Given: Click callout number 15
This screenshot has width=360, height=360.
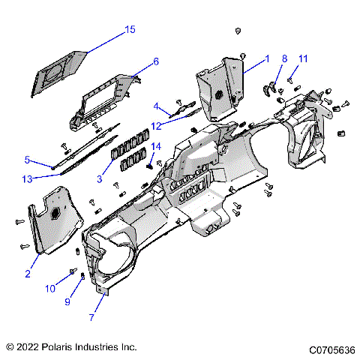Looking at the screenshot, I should (130, 29).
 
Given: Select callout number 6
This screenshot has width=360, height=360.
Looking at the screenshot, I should (156, 61).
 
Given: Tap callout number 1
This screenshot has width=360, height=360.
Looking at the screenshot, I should (266, 58).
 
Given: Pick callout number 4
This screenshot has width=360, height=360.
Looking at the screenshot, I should (156, 106).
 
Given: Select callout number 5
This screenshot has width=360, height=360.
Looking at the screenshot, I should (27, 160).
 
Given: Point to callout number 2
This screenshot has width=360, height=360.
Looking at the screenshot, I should (27, 274).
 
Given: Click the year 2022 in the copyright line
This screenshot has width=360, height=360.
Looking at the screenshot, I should (30, 347).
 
